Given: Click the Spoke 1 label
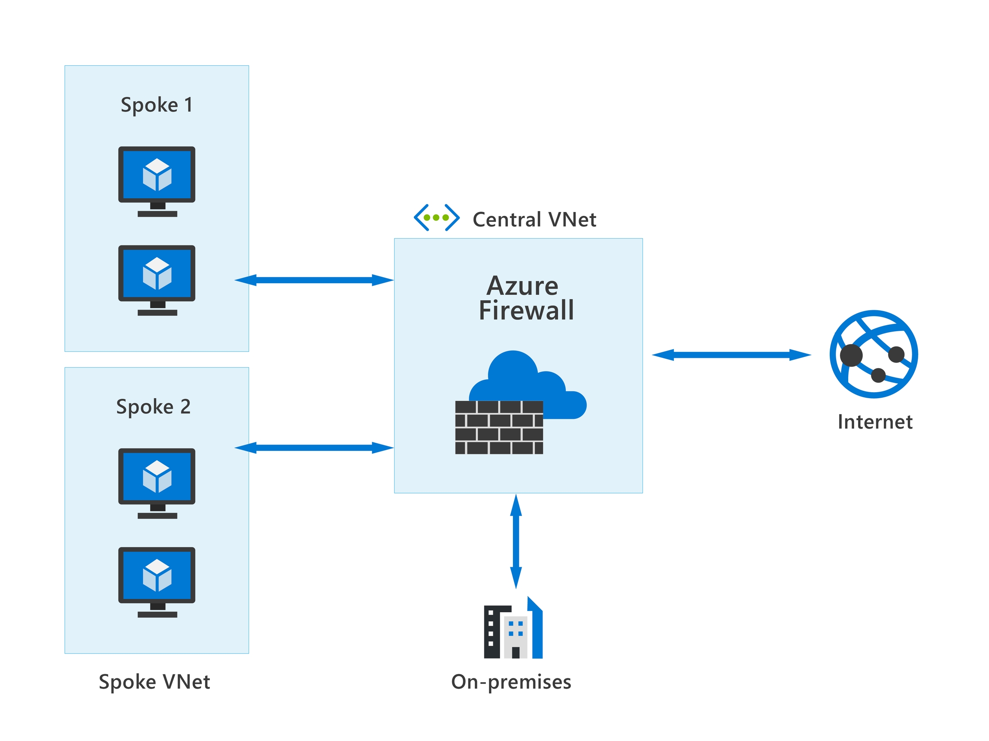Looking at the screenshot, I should pos(157,105).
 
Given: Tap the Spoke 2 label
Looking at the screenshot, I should pos(153,407).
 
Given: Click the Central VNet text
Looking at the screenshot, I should pos(534,219).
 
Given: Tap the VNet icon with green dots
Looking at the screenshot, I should pos(437,218).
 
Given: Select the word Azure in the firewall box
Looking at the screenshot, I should pos(522,286).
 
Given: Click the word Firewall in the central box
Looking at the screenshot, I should pos(526,311).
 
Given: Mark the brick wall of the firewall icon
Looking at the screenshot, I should pos(499,427).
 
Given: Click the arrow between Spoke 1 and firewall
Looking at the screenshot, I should pos(314,280).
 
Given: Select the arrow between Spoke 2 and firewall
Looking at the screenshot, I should pos(314,448).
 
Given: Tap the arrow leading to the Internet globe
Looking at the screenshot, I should pos(731,355).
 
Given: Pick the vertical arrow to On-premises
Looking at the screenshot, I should pos(516,541).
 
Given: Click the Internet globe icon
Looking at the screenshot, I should pos(874,354).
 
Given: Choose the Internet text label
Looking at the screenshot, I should pos(875,422).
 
